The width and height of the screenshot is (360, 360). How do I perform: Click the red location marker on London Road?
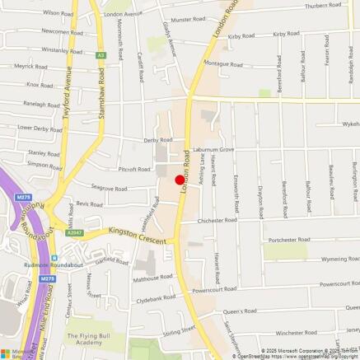pos(180,179)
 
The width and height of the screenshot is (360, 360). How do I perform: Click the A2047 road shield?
pos(75,232)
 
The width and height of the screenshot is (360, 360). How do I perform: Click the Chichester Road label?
pos(218,221)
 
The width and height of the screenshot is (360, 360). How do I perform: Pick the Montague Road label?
pos(222,63)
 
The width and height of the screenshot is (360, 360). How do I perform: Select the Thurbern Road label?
pos(322,6)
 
